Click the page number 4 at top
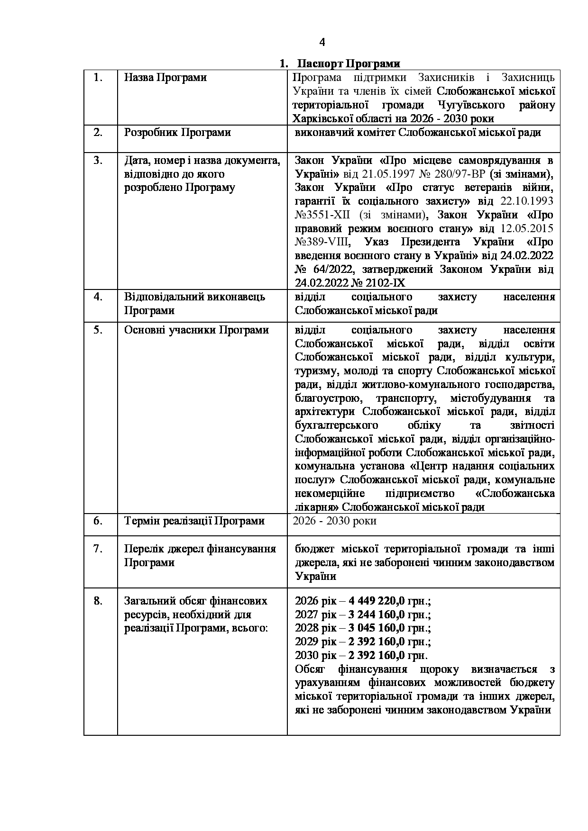[x=322, y=43]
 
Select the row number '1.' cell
[x=98, y=78]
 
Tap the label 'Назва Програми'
[x=165, y=78]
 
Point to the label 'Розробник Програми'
[x=177, y=132]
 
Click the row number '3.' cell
[x=98, y=160]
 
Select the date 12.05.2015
[x=526, y=229]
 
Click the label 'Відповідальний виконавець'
[x=194, y=297]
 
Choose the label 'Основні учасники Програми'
[x=196, y=330]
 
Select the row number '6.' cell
[x=98, y=521]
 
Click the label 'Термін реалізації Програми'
[x=194, y=521]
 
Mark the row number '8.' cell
[x=98, y=601]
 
